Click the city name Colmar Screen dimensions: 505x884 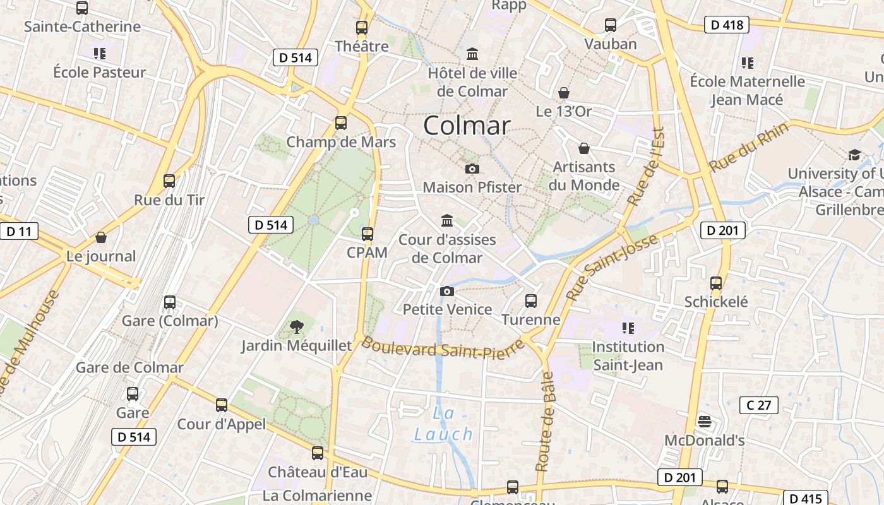click(x=467, y=126)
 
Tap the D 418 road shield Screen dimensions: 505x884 click(x=726, y=25)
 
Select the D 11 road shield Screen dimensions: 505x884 click(x=19, y=231)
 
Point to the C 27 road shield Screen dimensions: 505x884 click(x=758, y=405)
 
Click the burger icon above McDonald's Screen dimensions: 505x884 click(x=705, y=422)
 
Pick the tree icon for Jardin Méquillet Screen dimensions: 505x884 click(x=296, y=327)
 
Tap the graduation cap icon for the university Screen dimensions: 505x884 click(x=854, y=155)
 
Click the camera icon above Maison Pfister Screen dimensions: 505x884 click(x=472, y=169)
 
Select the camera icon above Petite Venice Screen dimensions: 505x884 click(x=446, y=291)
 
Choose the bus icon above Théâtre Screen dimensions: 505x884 click(x=361, y=28)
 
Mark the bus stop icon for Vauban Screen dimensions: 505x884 click(x=610, y=25)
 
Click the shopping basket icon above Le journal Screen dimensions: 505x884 click(x=101, y=238)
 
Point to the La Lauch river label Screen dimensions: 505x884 click(x=444, y=424)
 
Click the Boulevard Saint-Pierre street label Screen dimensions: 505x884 click(x=443, y=349)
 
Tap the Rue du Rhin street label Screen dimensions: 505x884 click(x=749, y=148)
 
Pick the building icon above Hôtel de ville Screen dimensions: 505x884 click(x=472, y=54)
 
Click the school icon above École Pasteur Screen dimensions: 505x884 click(x=99, y=54)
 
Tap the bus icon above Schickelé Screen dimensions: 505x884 click(x=715, y=283)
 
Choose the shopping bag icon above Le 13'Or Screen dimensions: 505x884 click(x=563, y=93)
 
